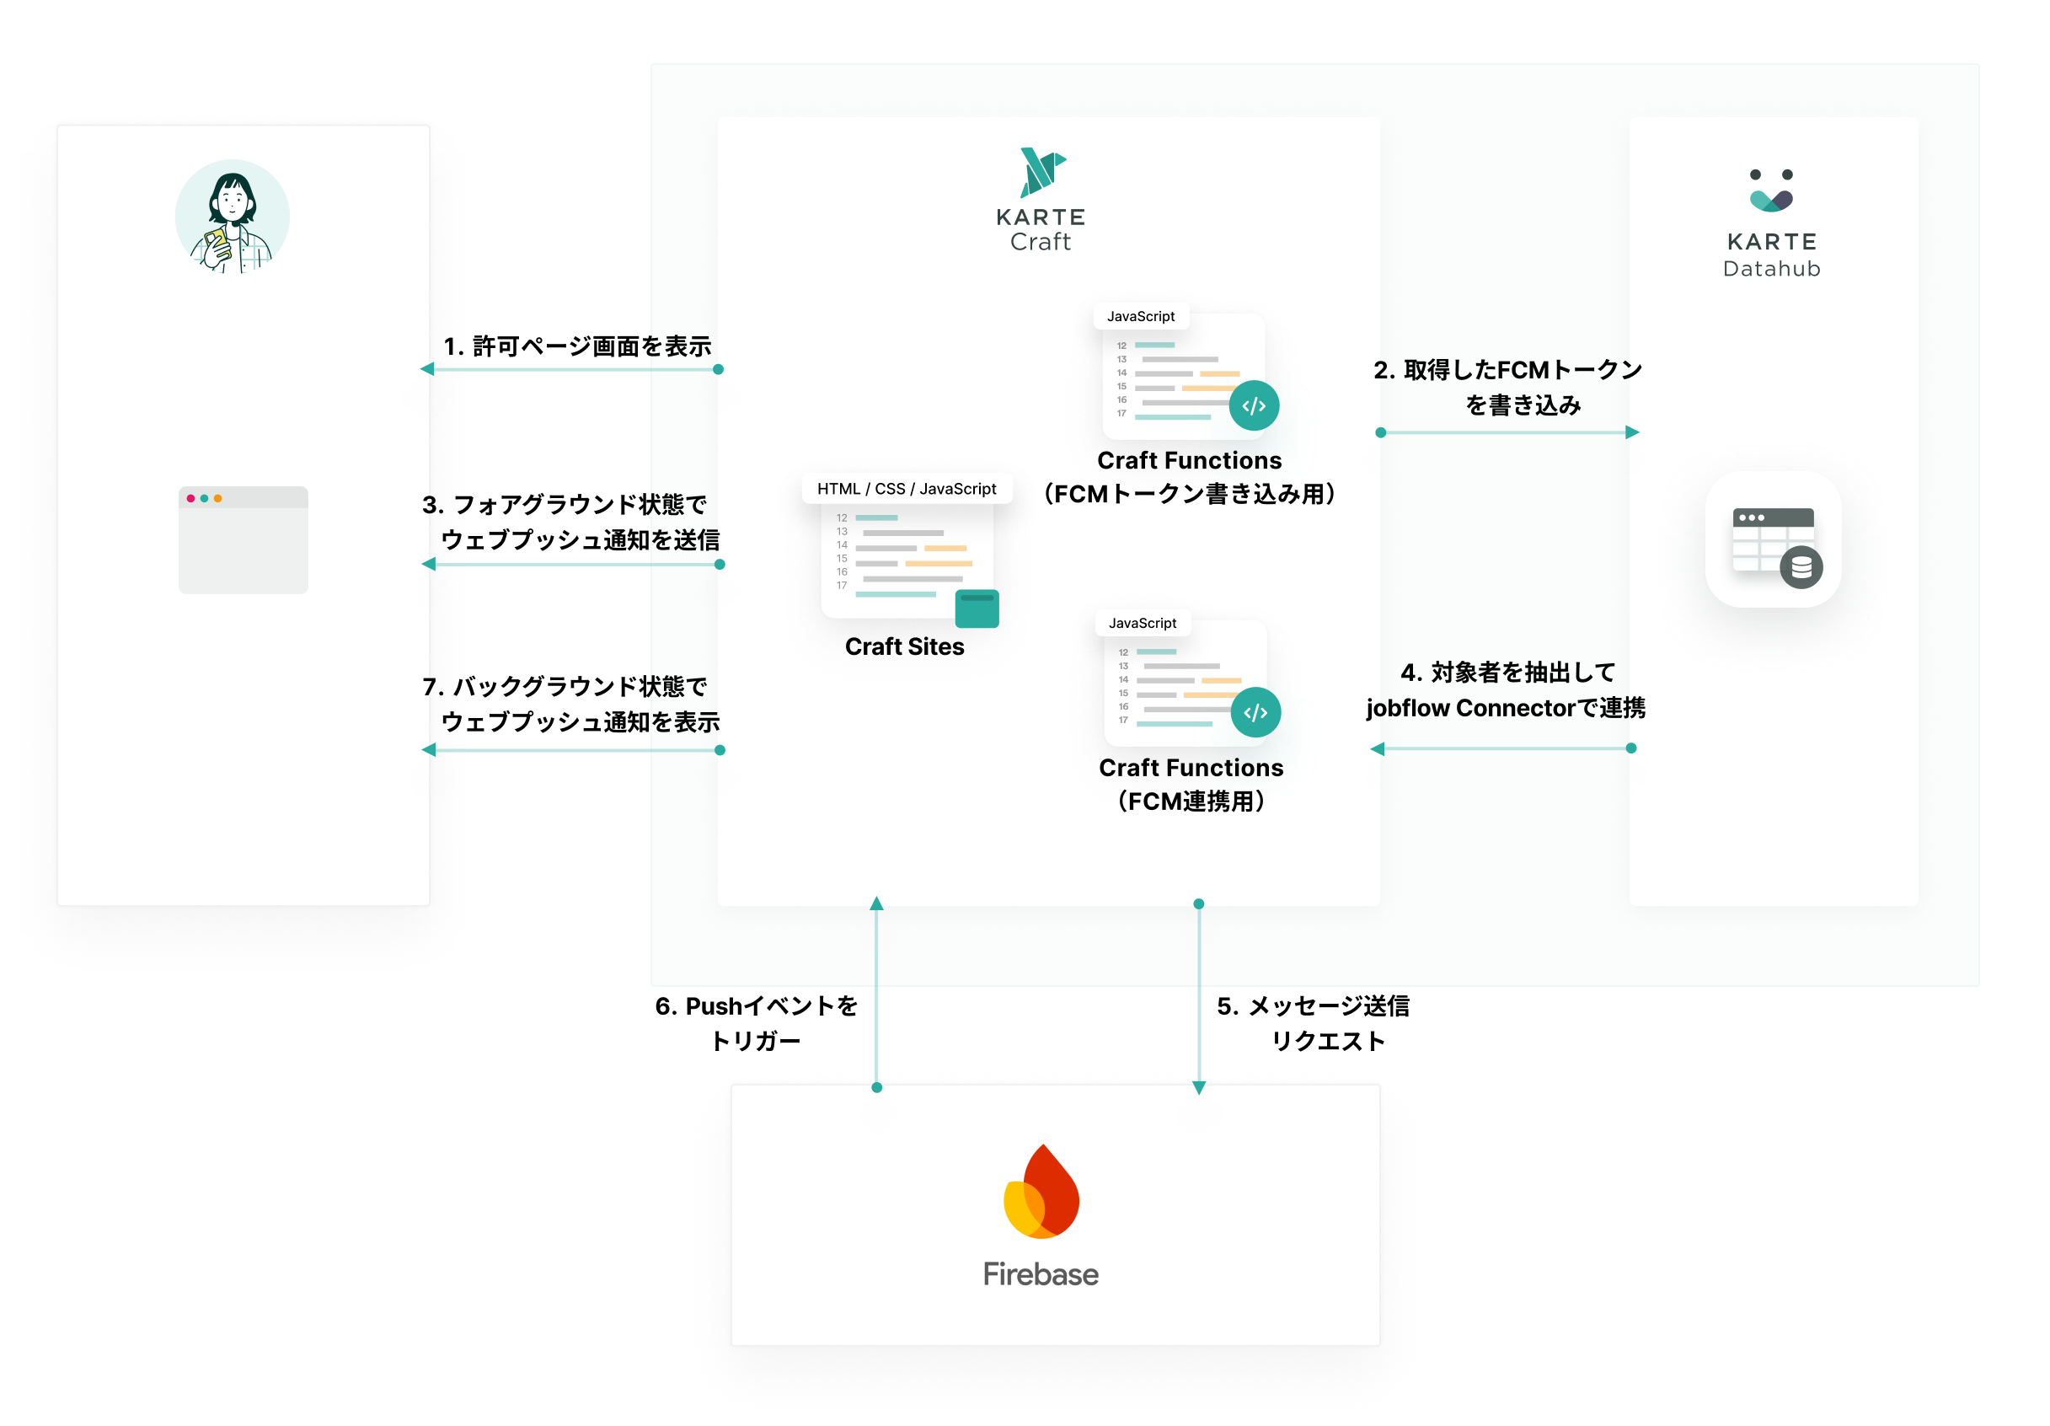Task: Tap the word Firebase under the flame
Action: [1041, 1273]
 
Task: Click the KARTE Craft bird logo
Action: [1041, 171]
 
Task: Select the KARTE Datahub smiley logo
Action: [1771, 190]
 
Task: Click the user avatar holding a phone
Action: [233, 217]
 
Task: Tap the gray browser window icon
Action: [243, 540]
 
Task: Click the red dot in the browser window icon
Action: [191, 498]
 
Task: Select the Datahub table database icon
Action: [1774, 541]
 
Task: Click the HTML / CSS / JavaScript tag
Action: [907, 489]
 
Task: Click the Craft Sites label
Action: [904, 646]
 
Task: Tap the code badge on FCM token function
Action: [1254, 405]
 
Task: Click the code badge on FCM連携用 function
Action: [1255, 712]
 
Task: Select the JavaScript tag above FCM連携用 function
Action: [1142, 624]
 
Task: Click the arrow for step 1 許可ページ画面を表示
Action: [571, 370]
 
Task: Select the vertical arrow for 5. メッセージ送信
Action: [1199, 995]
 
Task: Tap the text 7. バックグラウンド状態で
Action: [565, 687]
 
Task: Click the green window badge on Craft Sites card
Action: [977, 609]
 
